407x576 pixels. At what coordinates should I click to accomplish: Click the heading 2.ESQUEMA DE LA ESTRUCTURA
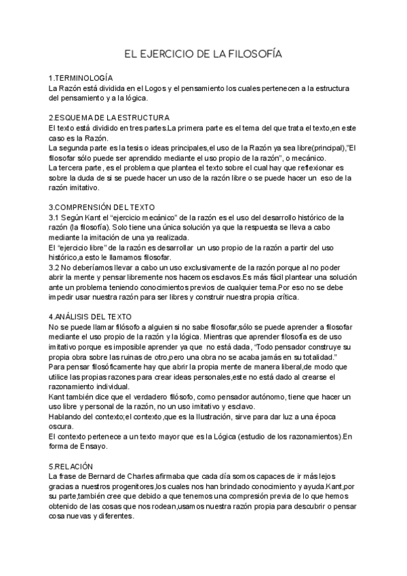pos(109,118)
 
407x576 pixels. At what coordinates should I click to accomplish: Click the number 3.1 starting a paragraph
pos(55,217)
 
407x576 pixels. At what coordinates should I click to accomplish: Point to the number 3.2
pos(55,266)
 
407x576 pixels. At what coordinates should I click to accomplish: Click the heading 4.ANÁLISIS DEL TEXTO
pos(95,317)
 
